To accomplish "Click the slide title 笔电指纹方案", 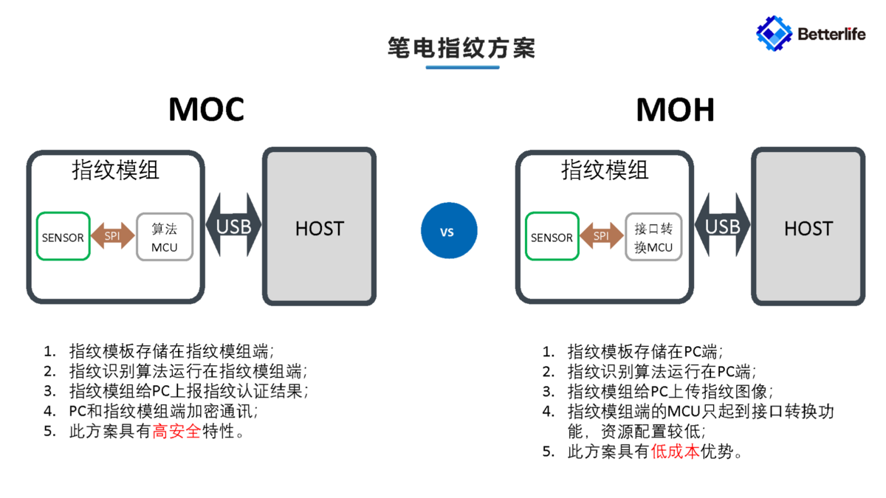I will (461, 48).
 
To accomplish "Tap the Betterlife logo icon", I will (774, 32).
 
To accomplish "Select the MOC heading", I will (206, 109).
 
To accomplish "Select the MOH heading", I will (675, 109).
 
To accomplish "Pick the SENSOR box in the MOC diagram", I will (63, 237).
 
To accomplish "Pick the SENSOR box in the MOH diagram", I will (552, 237).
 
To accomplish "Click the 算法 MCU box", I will (164, 237).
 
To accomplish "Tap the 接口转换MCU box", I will (653, 237).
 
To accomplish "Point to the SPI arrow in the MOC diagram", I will (113, 236).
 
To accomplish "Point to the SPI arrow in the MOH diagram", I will (602, 236).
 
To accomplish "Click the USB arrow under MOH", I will (722, 226).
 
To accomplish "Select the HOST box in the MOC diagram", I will (320, 227).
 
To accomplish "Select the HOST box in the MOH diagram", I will (808, 227).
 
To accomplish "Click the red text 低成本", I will (675, 452).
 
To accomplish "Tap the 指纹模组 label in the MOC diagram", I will (115, 170).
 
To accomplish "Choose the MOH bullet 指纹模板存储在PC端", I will (644, 351).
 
